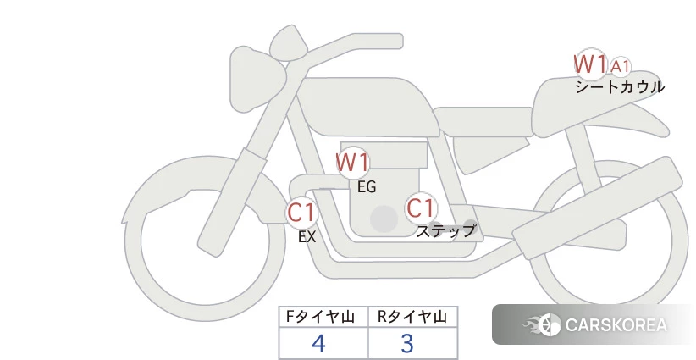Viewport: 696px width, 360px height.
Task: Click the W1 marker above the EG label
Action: [x=352, y=163]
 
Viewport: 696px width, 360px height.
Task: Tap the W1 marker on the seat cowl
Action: [x=590, y=64]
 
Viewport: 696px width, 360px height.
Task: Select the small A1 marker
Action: [x=620, y=67]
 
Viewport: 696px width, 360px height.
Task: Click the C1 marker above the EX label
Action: [x=301, y=212]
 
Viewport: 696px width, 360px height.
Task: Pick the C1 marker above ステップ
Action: [x=420, y=208]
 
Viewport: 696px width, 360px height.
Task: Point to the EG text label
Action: [x=367, y=187]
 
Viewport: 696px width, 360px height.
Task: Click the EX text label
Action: [x=307, y=237]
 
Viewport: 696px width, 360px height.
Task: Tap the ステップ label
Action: [x=445, y=231]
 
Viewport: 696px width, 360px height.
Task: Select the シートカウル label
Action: [x=620, y=87]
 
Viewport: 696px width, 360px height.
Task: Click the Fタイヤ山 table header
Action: [x=320, y=317]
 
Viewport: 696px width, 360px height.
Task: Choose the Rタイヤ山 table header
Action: [x=412, y=317]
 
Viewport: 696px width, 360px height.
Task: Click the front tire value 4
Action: [x=318, y=343]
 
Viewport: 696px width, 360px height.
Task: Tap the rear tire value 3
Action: [x=407, y=343]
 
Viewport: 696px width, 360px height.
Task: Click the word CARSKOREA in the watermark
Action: [x=616, y=325]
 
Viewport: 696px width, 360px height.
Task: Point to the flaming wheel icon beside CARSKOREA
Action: [x=542, y=325]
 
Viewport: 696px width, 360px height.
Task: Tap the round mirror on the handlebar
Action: [x=287, y=42]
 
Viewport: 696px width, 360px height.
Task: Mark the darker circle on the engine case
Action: [x=384, y=219]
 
